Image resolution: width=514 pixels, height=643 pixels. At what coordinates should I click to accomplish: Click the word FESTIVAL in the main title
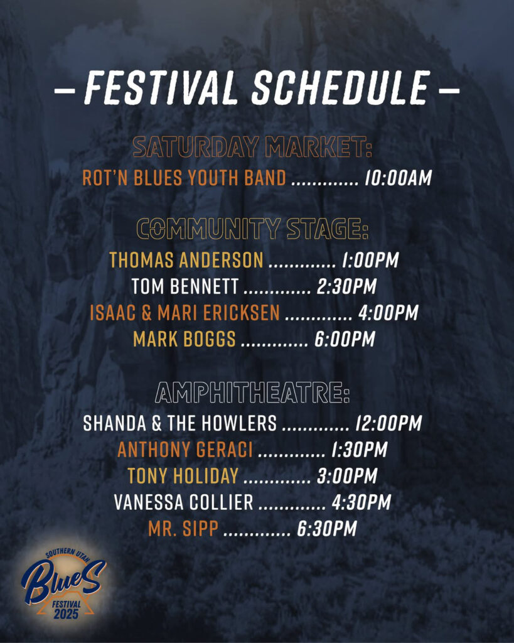(x=161, y=87)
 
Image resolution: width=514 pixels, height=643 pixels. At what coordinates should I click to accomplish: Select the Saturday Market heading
(x=252, y=147)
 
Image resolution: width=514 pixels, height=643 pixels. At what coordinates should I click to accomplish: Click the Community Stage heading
(x=252, y=229)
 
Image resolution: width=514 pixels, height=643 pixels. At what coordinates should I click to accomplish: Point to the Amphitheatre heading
(x=252, y=393)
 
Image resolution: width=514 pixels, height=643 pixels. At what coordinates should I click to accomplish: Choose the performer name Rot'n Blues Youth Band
(x=184, y=178)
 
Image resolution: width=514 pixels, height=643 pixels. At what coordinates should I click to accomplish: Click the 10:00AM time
(x=398, y=178)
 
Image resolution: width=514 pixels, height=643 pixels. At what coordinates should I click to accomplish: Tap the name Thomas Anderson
(x=186, y=260)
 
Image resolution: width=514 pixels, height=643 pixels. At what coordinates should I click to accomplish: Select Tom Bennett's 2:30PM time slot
(x=347, y=286)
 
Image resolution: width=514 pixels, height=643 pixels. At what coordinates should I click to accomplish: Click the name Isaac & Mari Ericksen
(x=185, y=313)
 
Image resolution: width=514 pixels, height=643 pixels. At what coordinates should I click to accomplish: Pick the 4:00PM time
(x=388, y=313)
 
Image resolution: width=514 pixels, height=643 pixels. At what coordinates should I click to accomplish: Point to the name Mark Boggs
(x=185, y=339)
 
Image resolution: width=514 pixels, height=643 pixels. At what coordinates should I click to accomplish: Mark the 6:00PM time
(x=345, y=339)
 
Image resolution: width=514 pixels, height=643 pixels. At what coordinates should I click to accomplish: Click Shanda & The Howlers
(x=180, y=423)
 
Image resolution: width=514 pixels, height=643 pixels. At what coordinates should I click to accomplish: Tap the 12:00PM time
(x=388, y=423)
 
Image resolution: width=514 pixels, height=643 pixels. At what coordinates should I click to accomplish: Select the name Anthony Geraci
(x=185, y=450)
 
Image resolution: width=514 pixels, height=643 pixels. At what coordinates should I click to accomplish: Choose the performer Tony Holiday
(x=183, y=476)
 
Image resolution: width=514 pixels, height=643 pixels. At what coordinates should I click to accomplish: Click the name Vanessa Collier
(x=184, y=502)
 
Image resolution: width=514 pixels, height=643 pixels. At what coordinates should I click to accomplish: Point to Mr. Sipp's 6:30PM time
(x=327, y=529)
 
